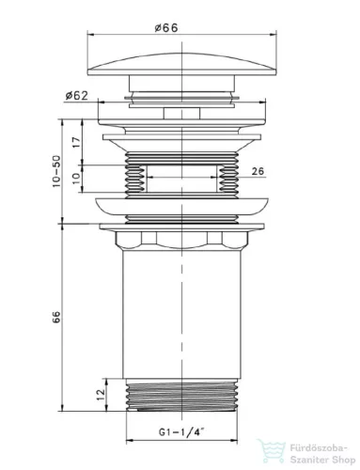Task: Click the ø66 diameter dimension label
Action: point(166,28)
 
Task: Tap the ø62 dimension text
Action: point(77,96)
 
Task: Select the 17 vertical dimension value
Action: point(77,142)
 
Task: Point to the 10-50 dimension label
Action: point(56,171)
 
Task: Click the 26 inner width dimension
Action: point(258,171)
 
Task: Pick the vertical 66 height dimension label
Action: point(56,317)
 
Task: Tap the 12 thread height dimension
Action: point(101,395)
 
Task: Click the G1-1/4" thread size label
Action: point(181,432)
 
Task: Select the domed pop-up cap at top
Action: point(181,64)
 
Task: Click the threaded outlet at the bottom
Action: point(181,395)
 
